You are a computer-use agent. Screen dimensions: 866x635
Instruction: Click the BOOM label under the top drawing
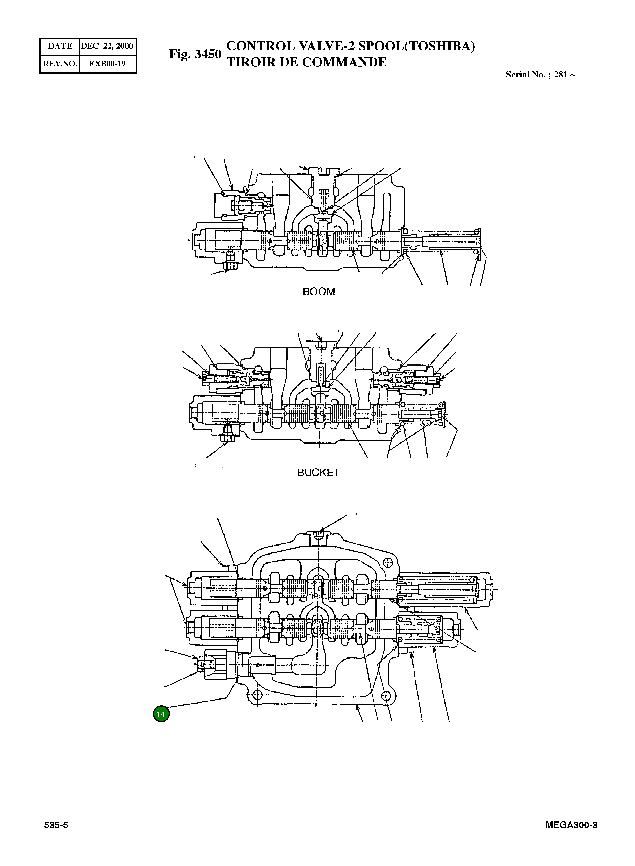tap(319, 292)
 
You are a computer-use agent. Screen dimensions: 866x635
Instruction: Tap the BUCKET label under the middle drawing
tap(318, 473)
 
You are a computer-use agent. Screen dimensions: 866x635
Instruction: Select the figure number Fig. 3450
tap(195, 54)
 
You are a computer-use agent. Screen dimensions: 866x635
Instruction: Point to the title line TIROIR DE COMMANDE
tap(306, 62)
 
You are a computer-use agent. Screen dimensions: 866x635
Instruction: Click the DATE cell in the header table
tap(60, 46)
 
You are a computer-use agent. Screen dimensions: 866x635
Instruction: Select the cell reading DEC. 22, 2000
tap(107, 46)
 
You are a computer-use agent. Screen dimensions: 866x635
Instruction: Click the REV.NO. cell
tap(60, 64)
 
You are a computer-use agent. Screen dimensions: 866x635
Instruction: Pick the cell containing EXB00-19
tap(107, 64)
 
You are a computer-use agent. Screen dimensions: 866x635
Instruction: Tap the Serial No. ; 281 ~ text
tap(540, 75)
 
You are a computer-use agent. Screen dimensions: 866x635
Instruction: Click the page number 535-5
tap(56, 825)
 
